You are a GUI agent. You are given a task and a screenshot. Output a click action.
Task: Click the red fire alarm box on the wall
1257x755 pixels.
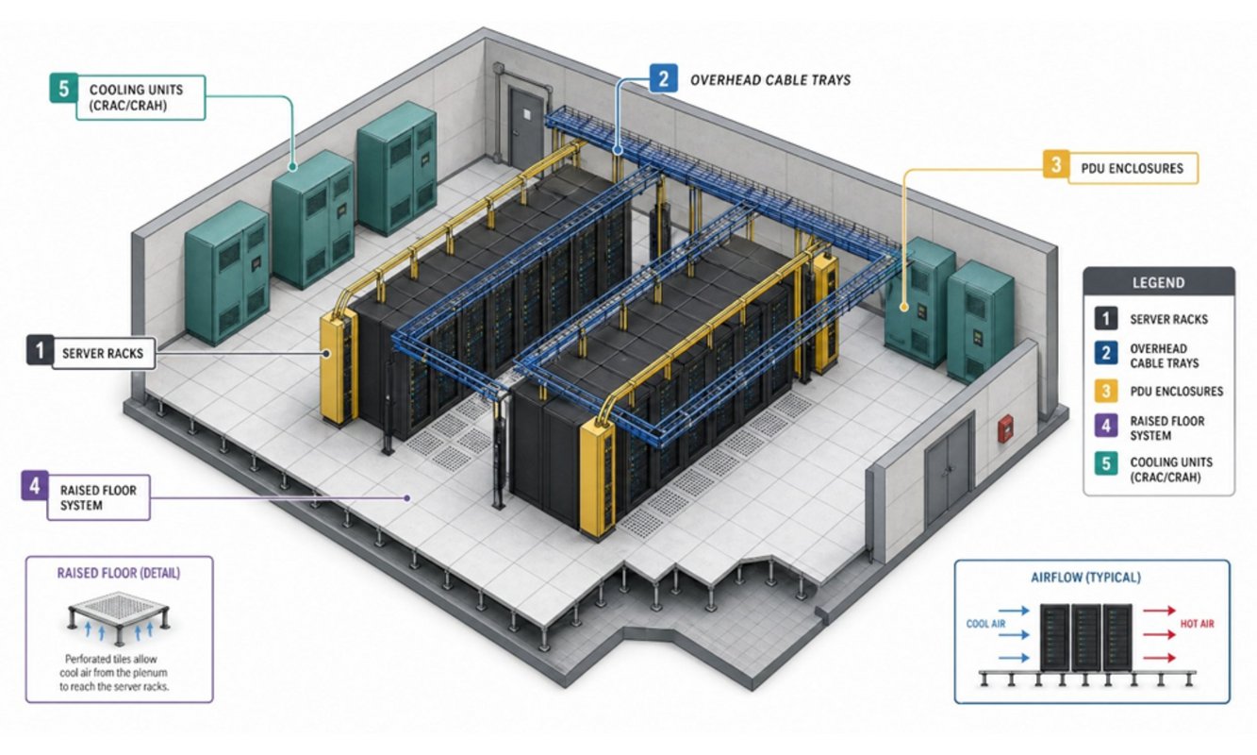(1005, 428)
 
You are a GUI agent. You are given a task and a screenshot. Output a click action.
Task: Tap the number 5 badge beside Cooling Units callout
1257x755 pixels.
(63, 88)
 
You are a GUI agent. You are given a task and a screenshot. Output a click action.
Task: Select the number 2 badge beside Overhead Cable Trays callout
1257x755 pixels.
(663, 78)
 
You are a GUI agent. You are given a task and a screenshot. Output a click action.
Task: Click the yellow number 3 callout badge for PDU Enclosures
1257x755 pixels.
(1056, 164)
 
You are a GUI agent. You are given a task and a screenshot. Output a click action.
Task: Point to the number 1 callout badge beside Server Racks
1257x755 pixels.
(40, 350)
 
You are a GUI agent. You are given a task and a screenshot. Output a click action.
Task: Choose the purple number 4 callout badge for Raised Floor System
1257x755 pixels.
(35, 485)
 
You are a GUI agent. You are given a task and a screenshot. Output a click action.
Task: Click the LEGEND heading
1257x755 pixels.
(1158, 282)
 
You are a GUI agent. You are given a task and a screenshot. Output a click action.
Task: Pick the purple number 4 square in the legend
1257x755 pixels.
(1105, 426)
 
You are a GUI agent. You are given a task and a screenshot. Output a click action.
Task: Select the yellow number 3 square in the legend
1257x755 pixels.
(1105, 391)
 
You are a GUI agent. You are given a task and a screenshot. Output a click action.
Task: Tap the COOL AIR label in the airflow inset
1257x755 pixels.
(985, 624)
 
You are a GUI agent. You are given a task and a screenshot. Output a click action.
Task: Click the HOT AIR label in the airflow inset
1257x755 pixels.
(1197, 624)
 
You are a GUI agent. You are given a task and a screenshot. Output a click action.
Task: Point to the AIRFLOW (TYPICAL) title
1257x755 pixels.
(1085, 577)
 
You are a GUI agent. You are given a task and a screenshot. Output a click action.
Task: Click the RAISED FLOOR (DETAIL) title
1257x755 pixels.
(119, 573)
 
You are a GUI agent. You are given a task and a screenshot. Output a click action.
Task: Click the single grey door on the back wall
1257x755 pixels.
(526, 127)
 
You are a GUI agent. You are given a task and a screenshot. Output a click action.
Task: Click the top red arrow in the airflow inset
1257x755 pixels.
(1159, 610)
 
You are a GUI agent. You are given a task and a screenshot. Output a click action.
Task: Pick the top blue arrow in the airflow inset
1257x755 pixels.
(1014, 611)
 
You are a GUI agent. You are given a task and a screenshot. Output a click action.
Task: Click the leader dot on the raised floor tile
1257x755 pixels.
(407, 497)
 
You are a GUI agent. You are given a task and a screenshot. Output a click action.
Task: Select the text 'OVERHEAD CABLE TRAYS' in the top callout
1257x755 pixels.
(770, 80)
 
